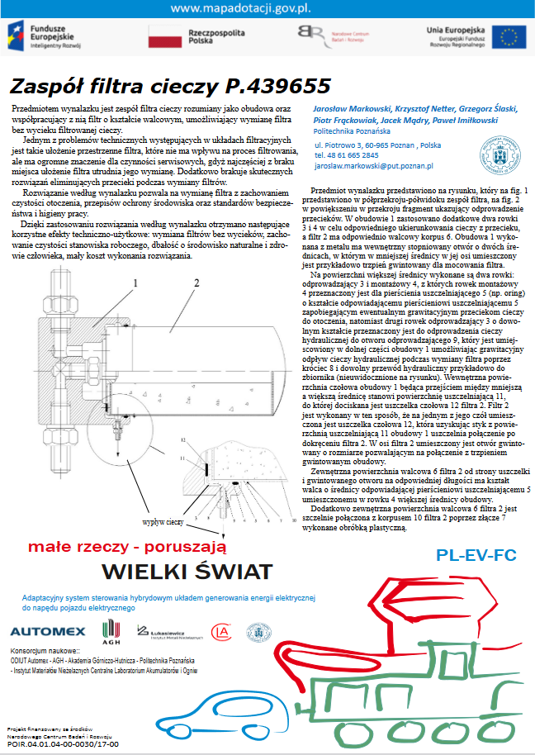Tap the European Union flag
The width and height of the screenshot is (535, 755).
coord(509,37)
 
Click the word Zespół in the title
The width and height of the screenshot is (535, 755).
coord(42,86)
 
